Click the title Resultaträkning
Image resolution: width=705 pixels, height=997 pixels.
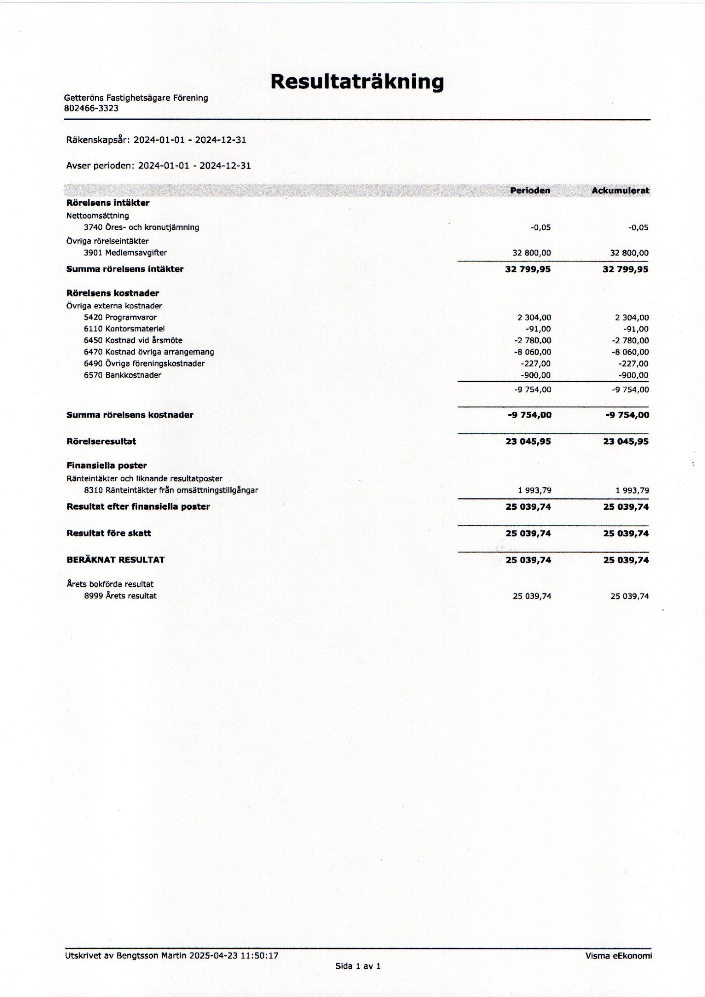point(357,82)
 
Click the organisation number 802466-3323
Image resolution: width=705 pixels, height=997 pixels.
point(91,108)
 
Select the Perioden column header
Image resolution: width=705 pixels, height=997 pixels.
point(530,190)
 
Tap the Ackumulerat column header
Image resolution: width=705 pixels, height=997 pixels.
point(620,190)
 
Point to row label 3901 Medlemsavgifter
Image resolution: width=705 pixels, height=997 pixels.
point(125,252)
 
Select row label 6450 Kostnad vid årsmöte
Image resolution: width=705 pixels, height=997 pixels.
point(133,340)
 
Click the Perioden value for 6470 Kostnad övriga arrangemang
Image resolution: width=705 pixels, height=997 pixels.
point(532,352)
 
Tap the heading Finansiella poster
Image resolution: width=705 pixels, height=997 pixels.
point(106,465)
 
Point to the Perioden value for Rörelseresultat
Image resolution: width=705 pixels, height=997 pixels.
point(528,441)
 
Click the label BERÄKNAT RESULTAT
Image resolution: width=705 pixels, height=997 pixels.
point(115,559)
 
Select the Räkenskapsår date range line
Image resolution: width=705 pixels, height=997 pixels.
point(156,140)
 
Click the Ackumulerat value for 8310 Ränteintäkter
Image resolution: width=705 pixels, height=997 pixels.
point(632,490)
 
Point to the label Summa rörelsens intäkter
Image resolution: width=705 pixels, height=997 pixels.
point(125,269)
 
